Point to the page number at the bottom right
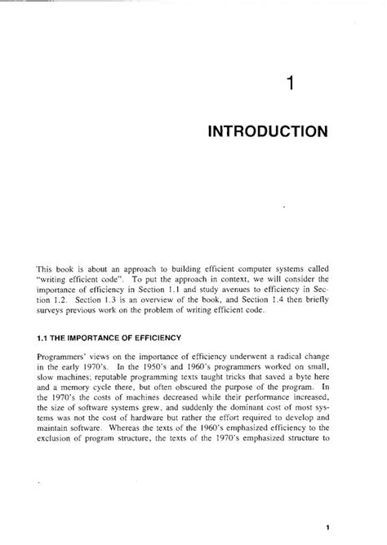(326, 527)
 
